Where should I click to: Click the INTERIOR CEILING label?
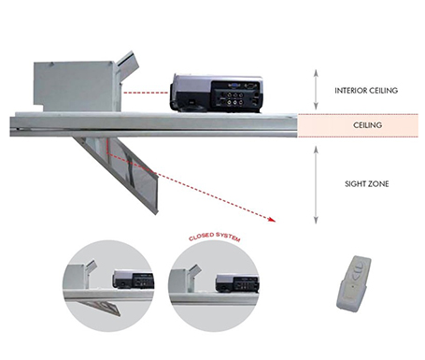click(366, 91)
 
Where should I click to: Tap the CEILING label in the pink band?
click(367, 125)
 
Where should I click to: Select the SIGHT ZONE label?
click(367, 184)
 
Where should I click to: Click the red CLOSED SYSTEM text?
click(215, 237)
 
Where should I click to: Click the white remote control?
click(354, 283)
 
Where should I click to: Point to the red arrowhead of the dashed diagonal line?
click(272, 220)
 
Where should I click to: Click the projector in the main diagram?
click(217, 94)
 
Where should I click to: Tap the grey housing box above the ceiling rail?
click(75, 87)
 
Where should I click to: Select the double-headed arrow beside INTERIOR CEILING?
click(316, 90)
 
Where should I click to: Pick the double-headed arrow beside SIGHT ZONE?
click(316, 185)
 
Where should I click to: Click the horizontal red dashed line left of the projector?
click(146, 93)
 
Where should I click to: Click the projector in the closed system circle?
click(237, 282)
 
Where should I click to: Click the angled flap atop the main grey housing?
click(128, 61)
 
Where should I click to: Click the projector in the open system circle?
click(134, 279)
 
